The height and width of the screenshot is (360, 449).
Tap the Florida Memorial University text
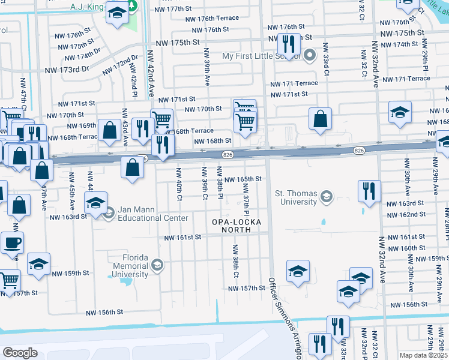[x=131, y=266]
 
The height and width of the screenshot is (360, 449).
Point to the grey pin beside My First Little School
[x=310, y=56]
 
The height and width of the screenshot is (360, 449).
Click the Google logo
[x=19, y=352]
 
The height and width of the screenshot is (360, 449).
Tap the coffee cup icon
[x=12, y=244]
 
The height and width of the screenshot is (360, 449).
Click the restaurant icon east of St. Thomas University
[x=369, y=191]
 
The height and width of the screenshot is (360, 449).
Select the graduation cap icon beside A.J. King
[x=117, y=13]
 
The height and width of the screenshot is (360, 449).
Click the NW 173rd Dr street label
[x=67, y=70]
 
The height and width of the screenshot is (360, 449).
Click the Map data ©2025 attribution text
[x=423, y=355]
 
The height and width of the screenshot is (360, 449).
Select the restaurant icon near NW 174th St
[x=289, y=44]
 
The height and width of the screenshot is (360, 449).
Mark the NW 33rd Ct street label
[x=326, y=59]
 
